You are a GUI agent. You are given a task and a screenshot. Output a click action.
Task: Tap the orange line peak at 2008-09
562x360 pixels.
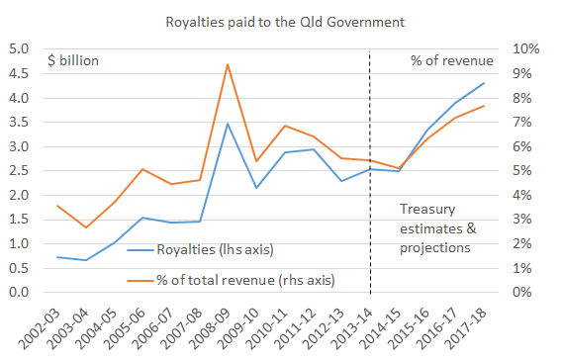pyautogui.click(x=228, y=64)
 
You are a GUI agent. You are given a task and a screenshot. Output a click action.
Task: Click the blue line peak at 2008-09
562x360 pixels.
pyautogui.click(x=228, y=124)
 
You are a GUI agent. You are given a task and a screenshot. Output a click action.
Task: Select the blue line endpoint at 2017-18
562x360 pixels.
pyautogui.click(x=484, y=83)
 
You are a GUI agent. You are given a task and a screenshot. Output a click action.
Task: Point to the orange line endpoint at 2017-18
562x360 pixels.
pyautogui.click(x=484, y=106)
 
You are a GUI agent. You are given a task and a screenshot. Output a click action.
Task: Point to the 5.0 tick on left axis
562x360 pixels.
pyautogui.click(x=19, y=49)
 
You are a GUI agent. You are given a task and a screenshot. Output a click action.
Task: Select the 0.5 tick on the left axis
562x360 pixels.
pyautogui.click(x=19, y=269)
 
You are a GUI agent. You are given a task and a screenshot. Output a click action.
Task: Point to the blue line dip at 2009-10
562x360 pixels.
pyautogui.click(x=256, y=188)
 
